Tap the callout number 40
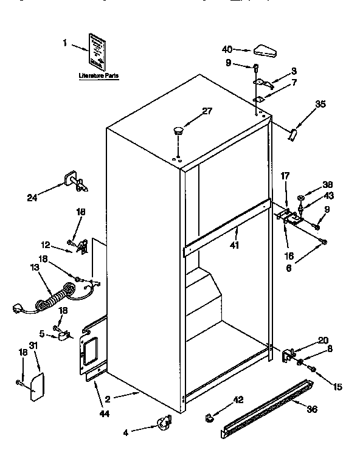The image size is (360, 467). click(227, 50)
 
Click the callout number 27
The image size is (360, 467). click(207, 110)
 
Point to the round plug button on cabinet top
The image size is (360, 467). click(178, 130)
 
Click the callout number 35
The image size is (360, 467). click(320, 104)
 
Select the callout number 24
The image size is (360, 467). click(32, 196)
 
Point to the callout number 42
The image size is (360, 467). click(238, 400)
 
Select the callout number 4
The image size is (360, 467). click(125, 432)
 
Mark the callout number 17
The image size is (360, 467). click(285, 177)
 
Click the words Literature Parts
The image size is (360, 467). click(99, 76)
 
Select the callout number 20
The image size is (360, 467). click(323, 340)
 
